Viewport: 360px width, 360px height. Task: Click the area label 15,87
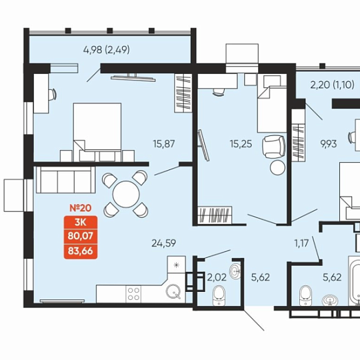pos(164,144)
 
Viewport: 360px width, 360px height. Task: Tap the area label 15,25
pos(241,144)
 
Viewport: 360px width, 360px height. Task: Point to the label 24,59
pos(164,243)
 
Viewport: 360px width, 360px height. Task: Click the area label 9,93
pos(329,144)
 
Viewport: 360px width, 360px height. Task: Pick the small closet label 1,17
pos(302,243)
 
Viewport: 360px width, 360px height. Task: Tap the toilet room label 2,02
pos(217,277)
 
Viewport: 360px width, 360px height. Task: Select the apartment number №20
pos(81,208)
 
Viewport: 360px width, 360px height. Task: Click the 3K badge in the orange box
pos(81,222)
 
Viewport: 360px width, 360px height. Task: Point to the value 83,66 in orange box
pos(81,251)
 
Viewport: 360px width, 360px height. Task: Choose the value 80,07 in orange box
pos(81,236)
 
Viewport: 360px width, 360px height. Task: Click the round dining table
pos(126,194)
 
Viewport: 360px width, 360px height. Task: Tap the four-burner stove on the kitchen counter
pos(133,294)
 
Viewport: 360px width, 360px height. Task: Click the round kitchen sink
pos(173,291)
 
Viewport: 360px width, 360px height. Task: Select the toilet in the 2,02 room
pos(219,296)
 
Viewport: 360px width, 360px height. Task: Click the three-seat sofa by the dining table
pos(65,180)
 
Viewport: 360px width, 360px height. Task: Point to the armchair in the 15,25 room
pos(274,147)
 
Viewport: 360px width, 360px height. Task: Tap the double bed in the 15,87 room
pos(97,132)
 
